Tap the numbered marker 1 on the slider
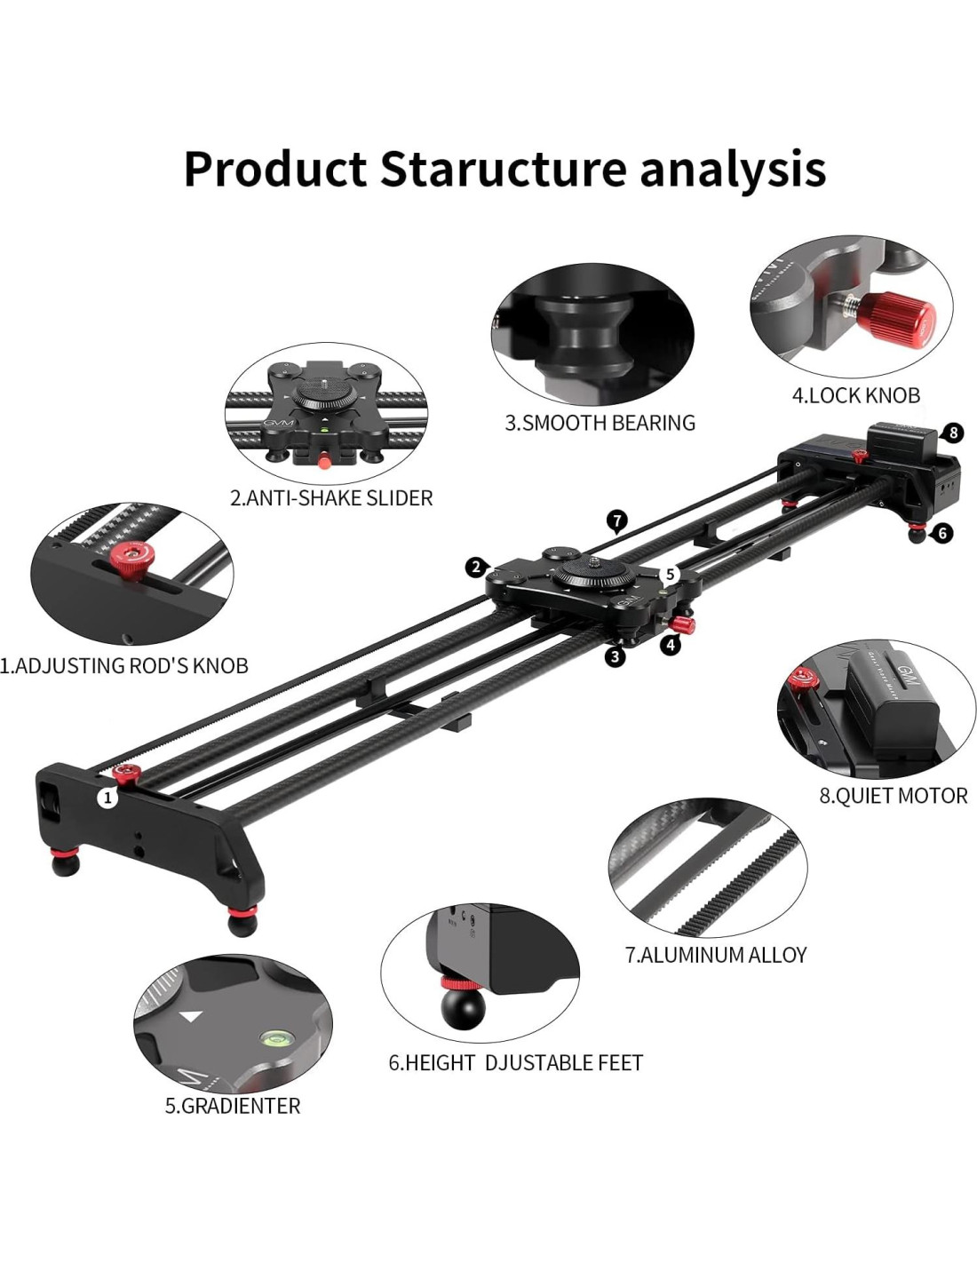108,798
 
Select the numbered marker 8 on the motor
953,433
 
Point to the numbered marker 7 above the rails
617,520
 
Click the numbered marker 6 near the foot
942,533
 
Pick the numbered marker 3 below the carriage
615,656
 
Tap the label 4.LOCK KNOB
855,395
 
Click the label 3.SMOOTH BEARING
600,423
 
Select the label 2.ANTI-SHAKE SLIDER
331,498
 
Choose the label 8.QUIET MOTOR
893,796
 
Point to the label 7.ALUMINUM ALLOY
716,955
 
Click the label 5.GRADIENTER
233,1106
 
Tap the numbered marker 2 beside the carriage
477,567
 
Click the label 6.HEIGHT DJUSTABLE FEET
515,1062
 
